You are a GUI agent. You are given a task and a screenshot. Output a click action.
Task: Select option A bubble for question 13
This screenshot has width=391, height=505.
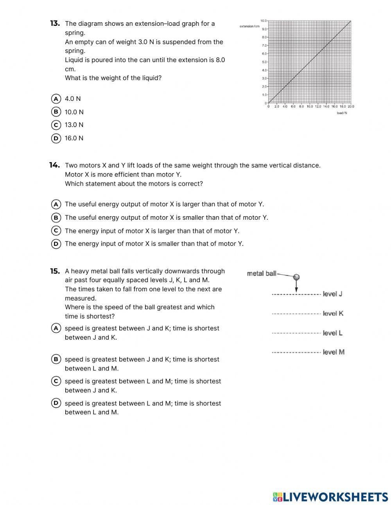pyautogui.click(x=56, y=98)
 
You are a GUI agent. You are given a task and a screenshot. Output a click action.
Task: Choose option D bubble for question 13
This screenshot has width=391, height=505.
pyautogui.click(x=56, y=138)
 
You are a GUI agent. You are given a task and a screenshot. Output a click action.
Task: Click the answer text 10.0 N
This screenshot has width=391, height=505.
pyautogui.click(x=74, y=112)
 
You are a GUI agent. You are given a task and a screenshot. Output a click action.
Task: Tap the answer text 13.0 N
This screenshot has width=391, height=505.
pyautogui.click(x=74, y=125)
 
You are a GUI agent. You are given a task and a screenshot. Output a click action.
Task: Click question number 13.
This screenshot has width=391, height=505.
pyautogui.click(x=55, y=23)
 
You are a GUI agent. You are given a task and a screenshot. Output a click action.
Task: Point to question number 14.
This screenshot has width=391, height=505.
pyautogui.click(x=55, y=165)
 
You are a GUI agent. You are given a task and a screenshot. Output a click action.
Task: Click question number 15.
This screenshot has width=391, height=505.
pyautogui.click(x=55, y=271)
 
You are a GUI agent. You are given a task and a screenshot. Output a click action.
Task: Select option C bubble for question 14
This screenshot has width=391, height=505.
pyautogui.click(x=56, y=231)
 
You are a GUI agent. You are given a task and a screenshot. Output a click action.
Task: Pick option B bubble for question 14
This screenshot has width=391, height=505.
pyautogui.click(x=56, y=217)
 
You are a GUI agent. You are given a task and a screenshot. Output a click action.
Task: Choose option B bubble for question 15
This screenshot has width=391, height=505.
pyautogui.click(x=56, y=359)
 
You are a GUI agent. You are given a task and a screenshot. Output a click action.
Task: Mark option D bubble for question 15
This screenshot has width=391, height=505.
pyautogui.click(x=56, y=403)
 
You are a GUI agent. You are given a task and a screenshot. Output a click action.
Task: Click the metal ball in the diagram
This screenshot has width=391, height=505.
pyautogui.click(x=296, y=278)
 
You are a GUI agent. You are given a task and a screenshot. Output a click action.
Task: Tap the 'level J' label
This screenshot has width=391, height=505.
pyautogui.click(x=332, y=294)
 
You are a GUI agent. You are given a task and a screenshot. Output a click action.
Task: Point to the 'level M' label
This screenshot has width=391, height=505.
pyautogui.click(x=334, y=352)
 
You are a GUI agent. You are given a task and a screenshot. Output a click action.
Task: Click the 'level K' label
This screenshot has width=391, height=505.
pyautogui.click(x=333, y=313)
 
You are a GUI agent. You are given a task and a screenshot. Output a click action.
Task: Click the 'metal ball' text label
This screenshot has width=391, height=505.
pyautogui.click(x=262, y=274)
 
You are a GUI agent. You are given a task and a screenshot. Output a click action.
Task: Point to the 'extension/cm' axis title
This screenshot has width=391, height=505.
pyautogui.click(x=249, y=26)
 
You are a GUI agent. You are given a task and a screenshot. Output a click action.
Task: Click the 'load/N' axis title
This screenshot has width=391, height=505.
pyautogui.click(x=342, y=113)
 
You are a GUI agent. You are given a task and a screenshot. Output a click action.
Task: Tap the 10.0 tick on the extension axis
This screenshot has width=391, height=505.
pyautogui.click(x=263, y=20)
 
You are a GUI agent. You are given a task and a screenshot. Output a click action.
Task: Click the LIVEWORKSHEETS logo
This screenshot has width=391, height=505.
pyautogui.click(x=330, y=497)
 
